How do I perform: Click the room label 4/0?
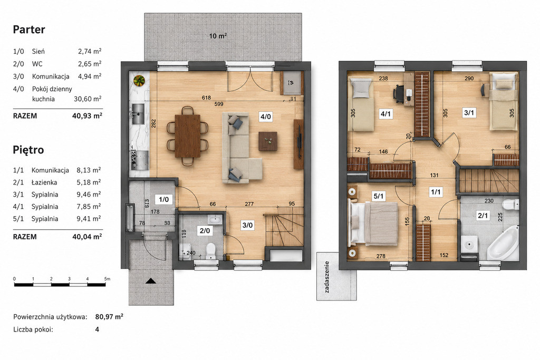pos(265,116)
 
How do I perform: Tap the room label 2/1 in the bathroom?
pos(483,216)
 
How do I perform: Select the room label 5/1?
pos(379,196)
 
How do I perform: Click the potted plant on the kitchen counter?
pos(139,81)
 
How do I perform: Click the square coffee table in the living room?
pos(268,141)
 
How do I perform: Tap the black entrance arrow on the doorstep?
pos(151,281)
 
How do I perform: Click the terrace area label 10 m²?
pos(218,35)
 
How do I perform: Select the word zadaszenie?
pos(327,277)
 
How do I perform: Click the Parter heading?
pos(29,30)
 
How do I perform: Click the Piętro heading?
pos(28,150)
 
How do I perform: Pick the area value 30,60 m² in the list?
pos(88,99)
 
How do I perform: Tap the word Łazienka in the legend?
pos(44,182)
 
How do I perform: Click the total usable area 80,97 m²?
pos(109,317)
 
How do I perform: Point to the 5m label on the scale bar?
pos(107,279)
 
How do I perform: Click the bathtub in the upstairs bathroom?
pos(503,242)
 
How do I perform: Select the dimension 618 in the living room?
pos(206,98)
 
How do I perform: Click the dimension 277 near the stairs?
pos(249,204)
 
